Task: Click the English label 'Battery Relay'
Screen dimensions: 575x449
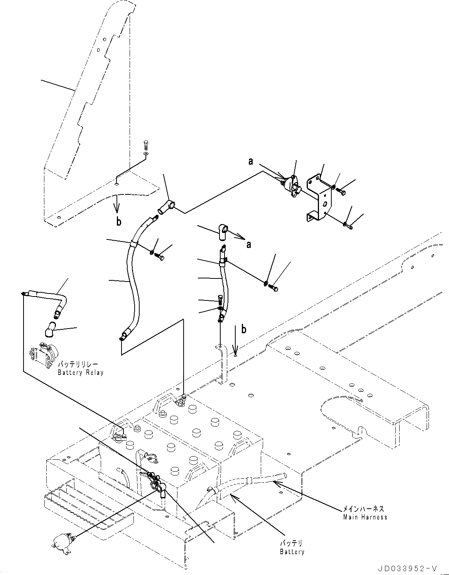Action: coord(80,373)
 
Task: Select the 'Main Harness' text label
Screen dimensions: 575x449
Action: coord(365,517)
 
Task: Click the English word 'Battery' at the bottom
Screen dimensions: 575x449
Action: coord(292,551)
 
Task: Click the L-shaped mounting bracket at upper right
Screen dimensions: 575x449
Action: coord(319,199)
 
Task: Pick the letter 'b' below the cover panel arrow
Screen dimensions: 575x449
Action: coord(119,221)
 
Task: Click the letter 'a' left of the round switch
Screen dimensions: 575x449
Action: coord(251,162)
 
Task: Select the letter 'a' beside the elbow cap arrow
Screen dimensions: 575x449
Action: coord(249,244)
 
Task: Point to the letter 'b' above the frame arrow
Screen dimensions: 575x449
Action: coord(243,329)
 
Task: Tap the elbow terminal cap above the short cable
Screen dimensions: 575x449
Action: coord(223,232)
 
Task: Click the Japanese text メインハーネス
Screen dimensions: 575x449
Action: coord(365,509)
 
